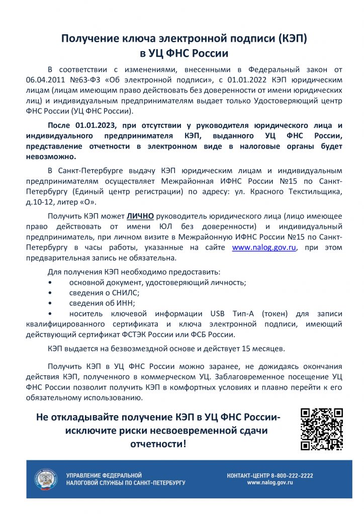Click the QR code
(x=322, y=429)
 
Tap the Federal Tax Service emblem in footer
(x=46, y=479)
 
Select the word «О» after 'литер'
(x=88, y=202)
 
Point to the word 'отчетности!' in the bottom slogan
(x=157, y=444)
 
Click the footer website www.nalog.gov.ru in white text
(x=269, y=482)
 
